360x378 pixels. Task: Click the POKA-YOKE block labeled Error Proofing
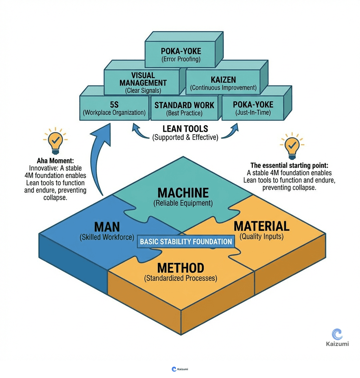pyautogui.click(x=180, y=54)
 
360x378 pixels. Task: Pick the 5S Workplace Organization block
pyautogui.click(x=114, y=108)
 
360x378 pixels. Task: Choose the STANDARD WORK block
pyautogui.click(x=184, y=109)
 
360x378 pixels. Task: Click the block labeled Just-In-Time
pyautogui.click(x=253, y=108)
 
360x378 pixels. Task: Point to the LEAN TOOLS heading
pyautogui.click(x=185, y=129)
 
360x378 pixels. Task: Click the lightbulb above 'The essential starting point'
pyautogui.click(x=291, y=145)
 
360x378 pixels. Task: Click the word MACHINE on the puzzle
pyautogui.click(x=183, y=193)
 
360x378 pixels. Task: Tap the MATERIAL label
pyautogui.click(x=262, y=226)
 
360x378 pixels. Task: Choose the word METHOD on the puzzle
pyautogui.click(x=180, y=268)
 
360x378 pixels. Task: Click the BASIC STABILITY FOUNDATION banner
pyautogui.click(x=186, y=242)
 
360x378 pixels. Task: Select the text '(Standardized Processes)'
pyautogui.click(x=180, y=278)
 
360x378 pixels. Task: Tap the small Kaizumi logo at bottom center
pyautogui.click(x=180, y=369)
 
